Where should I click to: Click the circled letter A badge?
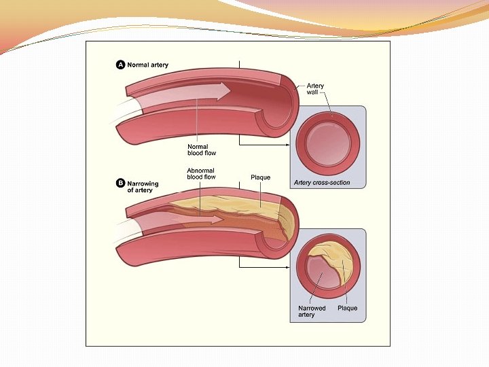(x=121, y=65)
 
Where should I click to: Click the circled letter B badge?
(x=121, y=183)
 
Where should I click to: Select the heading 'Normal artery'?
(x=148, y=65)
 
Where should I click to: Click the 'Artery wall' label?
(x=315, y=89)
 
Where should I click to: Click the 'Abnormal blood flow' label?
(x=201, y=174)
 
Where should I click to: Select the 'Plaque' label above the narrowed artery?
(x=260, y=177)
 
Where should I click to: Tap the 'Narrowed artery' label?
(x=312, y=311)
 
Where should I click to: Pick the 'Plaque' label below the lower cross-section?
(x=347, y=308)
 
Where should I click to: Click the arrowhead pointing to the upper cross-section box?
(x=288, y=144)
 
